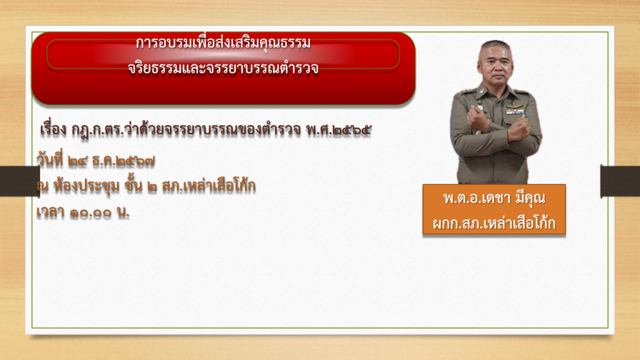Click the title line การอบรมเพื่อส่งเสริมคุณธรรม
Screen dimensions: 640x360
tap(223, 43)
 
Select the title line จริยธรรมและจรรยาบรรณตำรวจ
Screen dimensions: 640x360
tap(223, 68)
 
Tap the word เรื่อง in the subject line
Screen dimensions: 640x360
tap(53, 130)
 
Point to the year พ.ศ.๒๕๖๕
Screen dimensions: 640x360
tap(339, 130)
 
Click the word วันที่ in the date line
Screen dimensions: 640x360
tap(50, 159)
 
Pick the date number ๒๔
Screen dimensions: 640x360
tap(78, 162)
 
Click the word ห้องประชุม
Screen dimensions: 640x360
tap(86, 186)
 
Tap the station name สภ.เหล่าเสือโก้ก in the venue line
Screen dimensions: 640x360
tap(209, 186)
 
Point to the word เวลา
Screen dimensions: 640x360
tap(50, 212)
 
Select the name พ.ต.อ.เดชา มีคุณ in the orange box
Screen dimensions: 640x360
tap(494, 198)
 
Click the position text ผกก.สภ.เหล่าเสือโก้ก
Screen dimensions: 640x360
tap(494, 223)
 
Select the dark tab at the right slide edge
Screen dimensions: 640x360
tap(620, 181)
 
